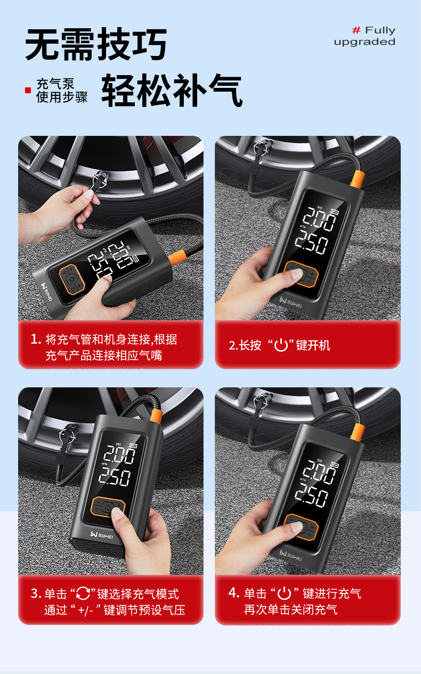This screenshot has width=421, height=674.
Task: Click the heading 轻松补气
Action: [x=172, y=91]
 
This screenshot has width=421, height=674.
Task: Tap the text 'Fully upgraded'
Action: [x=365, y=36]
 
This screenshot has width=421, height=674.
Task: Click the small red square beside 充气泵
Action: [x=28, y=90]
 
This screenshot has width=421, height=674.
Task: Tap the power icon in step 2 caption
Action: [x=281, y=345]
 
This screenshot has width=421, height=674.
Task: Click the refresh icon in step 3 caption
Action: [x=83, y=594]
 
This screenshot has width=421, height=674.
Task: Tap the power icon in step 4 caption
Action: [x=284, y=593]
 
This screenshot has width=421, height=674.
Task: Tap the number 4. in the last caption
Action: [x=233, y=593]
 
